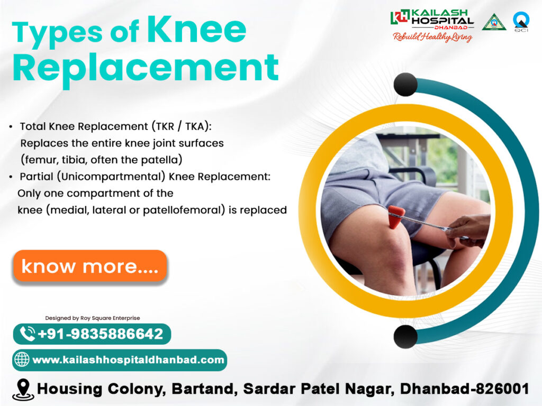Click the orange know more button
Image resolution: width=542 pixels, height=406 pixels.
(x=90, y=266)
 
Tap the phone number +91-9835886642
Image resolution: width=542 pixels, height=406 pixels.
(x=100, y=334)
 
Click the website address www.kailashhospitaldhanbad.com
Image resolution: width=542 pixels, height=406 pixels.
(x=128, y=359)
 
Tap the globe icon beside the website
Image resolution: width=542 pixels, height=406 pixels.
(x=21, y=359)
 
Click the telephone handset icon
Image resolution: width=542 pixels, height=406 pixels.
(x=28, y=334)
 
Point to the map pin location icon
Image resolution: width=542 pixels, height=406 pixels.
(x=23, y=390)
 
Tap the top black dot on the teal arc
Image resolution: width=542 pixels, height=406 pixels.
(x=405, y=85)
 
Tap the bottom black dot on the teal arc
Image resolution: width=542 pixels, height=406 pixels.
(x=405, y=337)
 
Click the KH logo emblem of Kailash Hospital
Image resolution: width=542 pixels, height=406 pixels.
(x=400, y=16)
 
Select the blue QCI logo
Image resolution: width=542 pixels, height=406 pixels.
(x=521, y=21)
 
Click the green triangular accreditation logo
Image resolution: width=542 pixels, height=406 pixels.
(x=494, y=22)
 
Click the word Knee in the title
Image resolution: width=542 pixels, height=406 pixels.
(x=196, y=30)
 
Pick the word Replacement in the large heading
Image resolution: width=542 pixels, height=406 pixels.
(x=146, y=68)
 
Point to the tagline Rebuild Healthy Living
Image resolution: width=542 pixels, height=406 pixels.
(x=433, y=37)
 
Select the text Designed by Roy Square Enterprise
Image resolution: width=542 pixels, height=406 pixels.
(x=93, y=318)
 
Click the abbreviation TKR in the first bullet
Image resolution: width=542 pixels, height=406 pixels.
(x=165, y=126)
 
